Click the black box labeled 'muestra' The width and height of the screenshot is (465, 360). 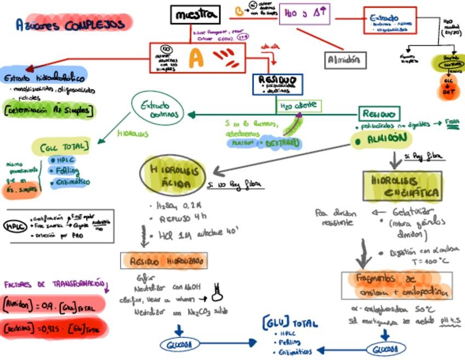point(195,15)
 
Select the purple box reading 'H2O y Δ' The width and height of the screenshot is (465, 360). point(304,14)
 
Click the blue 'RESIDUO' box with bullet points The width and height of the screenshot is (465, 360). point(277,84)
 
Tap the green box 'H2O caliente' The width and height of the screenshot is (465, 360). point(298,105)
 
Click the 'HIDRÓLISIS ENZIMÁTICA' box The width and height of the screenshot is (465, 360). point(402,186)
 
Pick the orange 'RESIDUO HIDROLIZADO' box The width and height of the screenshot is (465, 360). point(165,261)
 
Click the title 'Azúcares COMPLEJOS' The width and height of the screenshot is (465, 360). point(73,24)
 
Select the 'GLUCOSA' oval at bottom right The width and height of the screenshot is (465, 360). point(385,348)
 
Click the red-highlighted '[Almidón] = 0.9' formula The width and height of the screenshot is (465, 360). point(54,305)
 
